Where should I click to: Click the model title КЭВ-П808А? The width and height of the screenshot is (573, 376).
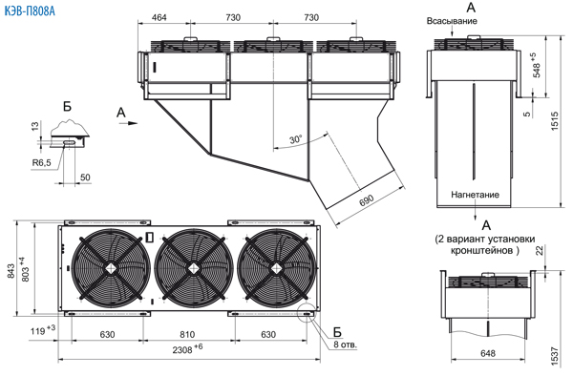(x=30, y=11)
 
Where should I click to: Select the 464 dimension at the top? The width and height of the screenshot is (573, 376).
(x=159, y=17)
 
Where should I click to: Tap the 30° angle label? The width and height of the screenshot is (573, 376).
(x=296, y=140)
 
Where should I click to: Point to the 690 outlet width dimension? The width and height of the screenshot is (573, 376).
(x=366, y=200)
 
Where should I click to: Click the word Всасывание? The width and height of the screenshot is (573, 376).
(x=452, y=21)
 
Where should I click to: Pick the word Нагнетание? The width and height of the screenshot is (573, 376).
(x=475, y=195)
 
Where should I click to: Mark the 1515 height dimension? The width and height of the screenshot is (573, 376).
(x=554, y=121)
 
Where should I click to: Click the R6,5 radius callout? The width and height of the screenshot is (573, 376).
(x=42, y=163)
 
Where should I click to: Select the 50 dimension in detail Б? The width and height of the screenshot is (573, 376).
(x=85, y=178)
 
